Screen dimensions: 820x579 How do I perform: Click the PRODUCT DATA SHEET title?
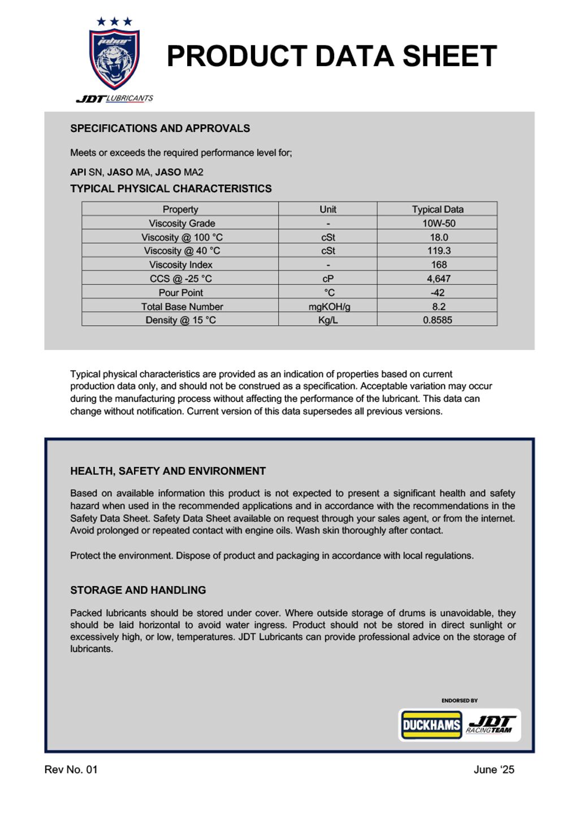point(331,57)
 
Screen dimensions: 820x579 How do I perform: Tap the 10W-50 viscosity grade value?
point(438,223)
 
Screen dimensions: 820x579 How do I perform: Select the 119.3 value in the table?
point(438,251)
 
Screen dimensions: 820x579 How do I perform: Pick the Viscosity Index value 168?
point(438,265)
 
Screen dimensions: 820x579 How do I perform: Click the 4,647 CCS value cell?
point(438,278)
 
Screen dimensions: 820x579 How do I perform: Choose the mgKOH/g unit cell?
point(329,307)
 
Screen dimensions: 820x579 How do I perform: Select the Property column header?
point(180,209)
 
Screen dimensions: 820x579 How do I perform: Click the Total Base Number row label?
point(182,307)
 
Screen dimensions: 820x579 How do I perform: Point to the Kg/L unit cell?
point(328,320)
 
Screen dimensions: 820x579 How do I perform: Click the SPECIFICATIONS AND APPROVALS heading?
point(160,128)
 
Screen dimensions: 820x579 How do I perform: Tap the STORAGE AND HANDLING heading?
point(138,590)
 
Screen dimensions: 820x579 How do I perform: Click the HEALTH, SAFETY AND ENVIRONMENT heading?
point(168,471)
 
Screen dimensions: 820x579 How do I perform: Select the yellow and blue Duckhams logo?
point(431,725)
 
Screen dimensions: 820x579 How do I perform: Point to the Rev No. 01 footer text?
point(71,770)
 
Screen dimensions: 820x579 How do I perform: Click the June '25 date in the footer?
point(494,770)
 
